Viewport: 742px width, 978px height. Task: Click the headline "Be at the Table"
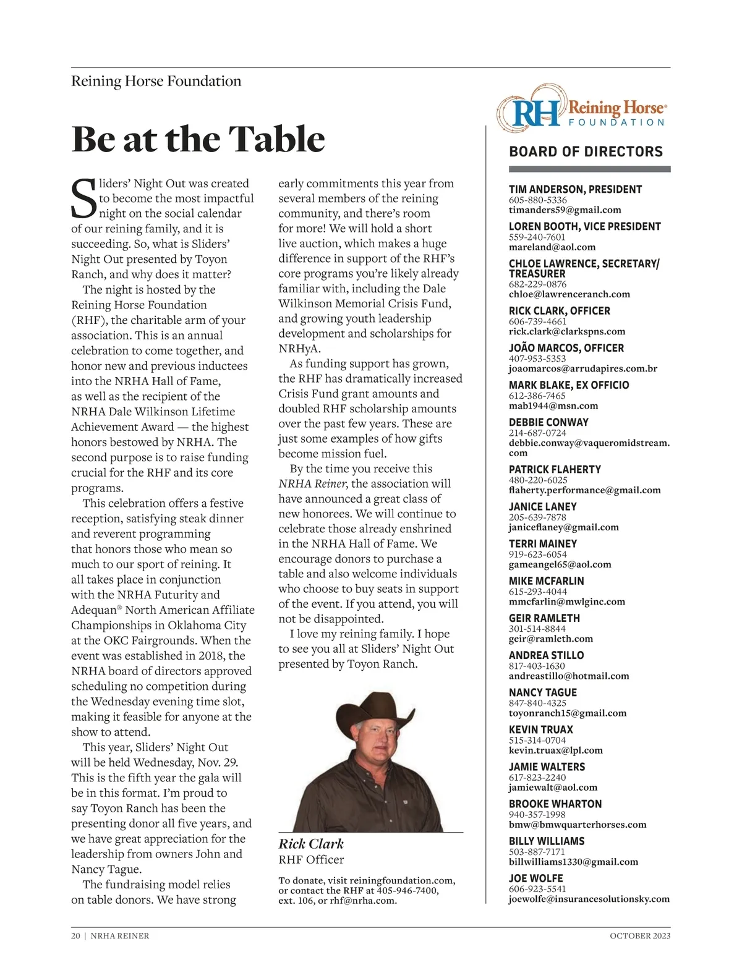198,139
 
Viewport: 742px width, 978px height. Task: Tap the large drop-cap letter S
84,199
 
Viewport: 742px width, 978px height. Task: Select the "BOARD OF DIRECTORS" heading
586,152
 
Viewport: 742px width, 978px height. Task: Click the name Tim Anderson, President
575,189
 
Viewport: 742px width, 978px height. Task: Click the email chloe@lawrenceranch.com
569,294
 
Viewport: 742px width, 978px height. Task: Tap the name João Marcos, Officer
566,348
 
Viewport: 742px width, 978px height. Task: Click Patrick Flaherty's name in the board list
555,469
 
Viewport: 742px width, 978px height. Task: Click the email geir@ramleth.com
550,639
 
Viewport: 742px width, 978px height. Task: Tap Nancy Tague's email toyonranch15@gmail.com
567,713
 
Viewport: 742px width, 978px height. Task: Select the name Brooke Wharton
555,804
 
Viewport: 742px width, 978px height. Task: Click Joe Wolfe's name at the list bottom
535,878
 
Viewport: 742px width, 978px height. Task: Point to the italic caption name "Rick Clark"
311,844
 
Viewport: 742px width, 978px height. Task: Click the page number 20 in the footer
75,936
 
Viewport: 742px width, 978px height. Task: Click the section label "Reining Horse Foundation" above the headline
156,81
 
